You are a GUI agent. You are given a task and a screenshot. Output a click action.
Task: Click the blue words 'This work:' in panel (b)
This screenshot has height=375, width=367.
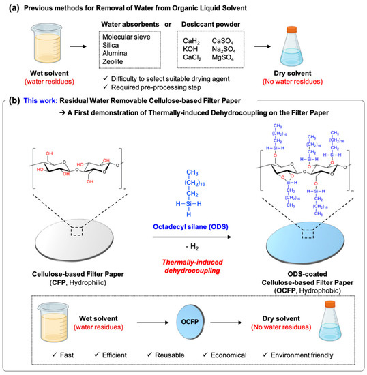[40, 101]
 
